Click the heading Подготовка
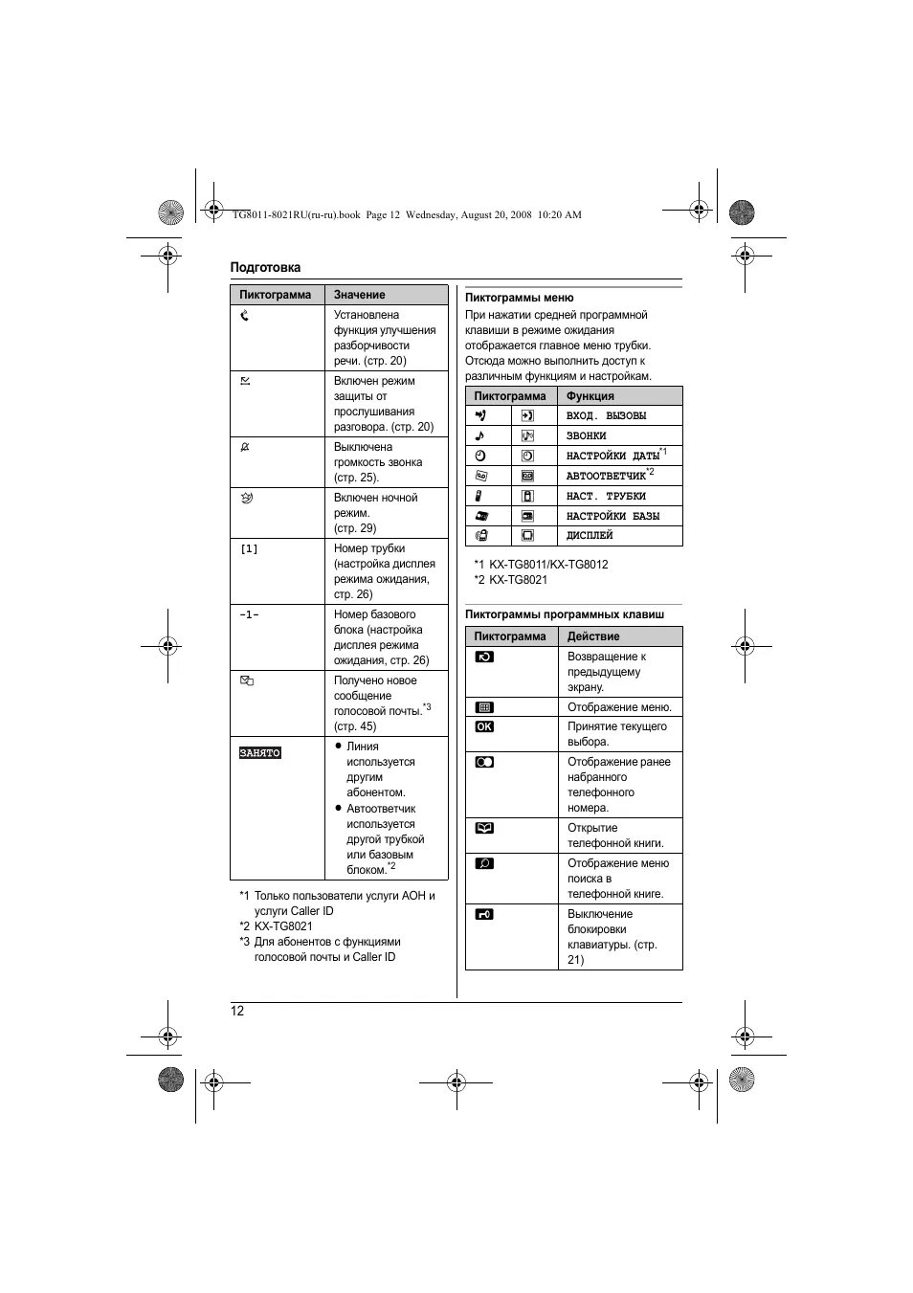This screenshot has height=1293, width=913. [x=265, y=268]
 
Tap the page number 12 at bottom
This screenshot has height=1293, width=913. [x=237, y=1011]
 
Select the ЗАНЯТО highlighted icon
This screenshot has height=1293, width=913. [x=260, y=753]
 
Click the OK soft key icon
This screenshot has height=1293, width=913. [x=484, y=726]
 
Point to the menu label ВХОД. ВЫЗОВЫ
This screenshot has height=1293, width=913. [x=606, y=416]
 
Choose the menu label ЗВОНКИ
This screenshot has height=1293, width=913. [x=586, y=436]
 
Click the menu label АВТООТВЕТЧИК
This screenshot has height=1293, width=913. [x=606, y=476]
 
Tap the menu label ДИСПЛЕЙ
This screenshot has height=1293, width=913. [x=590, y=536]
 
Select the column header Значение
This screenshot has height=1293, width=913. [x=360, y=295]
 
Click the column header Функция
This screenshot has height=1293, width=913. [x=590, y=396]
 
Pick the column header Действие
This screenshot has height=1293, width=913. [x=593, y=636]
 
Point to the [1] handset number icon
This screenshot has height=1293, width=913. [x=249, y=549]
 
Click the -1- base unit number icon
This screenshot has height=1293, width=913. [x=249, y=615]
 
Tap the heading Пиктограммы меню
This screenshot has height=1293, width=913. [x=520, y=298]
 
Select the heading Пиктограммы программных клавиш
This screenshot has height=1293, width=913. [x=565, y=614]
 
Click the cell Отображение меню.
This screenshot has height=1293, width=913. [x=619, y=707]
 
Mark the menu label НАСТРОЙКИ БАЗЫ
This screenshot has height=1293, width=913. [x=612, y=516]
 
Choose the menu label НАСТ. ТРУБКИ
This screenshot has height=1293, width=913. [x=606, y=496]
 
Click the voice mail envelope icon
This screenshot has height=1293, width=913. [x=246, y=680]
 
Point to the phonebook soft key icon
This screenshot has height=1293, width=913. [x=484, y=828]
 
